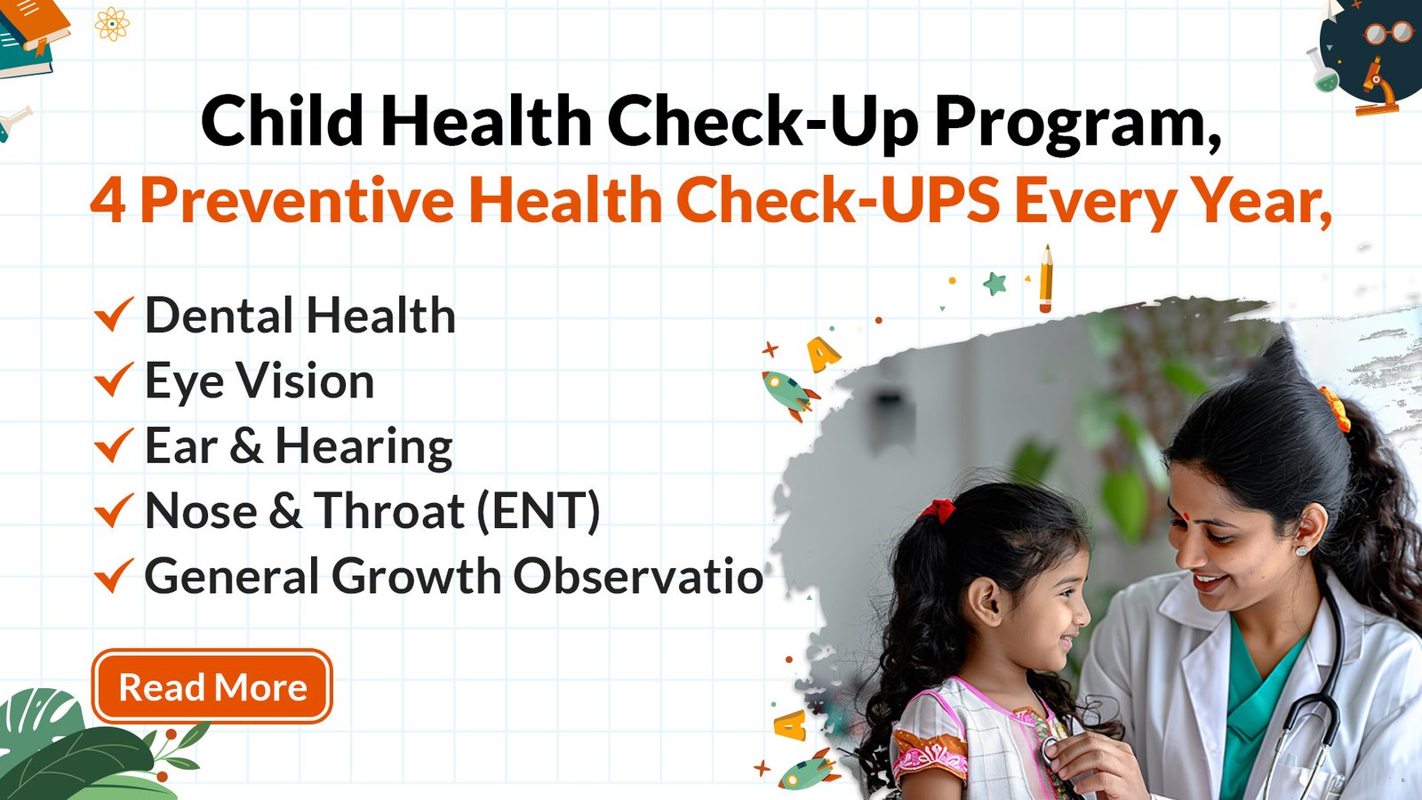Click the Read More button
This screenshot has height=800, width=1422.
pos(212,686)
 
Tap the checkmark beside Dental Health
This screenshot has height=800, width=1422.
pos(114,315)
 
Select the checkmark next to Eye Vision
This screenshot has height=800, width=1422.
pos(114,380)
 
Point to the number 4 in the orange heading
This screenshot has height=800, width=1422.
pos(108,201)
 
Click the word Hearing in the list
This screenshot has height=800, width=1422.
pos(363,447)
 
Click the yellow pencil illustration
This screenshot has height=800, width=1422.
pos(1045,279)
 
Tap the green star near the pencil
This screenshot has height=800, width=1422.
pos(995,284)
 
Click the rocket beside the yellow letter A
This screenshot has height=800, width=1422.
pos(790,395)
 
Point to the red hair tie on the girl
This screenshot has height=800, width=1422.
pos(938,510)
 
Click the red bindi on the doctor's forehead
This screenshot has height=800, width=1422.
pos(1185,516)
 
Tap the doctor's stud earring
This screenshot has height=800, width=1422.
pos(1301,550)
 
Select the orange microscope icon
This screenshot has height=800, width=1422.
pos(1377,88)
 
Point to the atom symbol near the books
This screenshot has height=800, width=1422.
pos(112,24)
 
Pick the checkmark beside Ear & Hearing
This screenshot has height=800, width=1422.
pos(114,445)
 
